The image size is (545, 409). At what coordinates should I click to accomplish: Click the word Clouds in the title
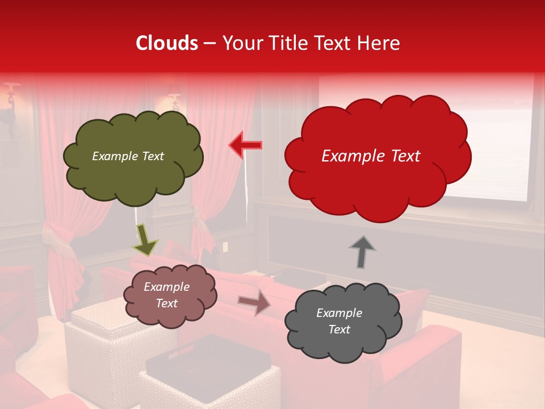point(167,43)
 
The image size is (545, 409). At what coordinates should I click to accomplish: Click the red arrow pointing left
point(246,145)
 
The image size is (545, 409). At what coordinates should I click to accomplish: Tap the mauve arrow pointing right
point(254,302)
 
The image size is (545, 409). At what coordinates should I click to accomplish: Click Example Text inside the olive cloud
point(128,156)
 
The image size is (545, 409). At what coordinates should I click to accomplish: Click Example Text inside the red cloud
point(371,156)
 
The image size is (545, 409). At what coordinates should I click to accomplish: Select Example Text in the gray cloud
point(339,321)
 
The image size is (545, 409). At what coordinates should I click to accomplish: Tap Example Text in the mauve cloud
point(166,295)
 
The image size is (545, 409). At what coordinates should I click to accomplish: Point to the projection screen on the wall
point(488,142)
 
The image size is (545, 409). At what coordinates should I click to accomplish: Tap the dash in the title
point(209,44)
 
